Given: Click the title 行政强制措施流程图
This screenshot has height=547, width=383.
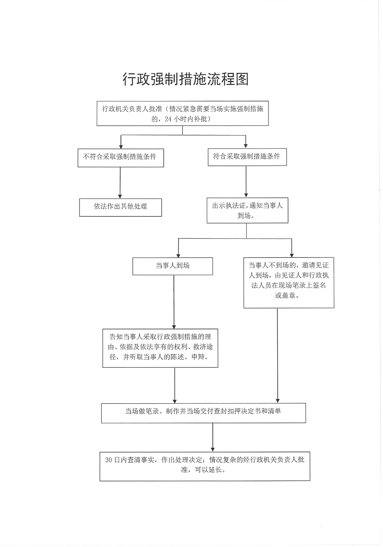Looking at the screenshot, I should point(186,79).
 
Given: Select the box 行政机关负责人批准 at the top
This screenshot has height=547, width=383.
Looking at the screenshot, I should point(183,114).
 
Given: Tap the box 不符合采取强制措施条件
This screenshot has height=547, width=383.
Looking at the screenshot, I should point(121,157).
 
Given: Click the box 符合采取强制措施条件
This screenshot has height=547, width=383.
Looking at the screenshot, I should point(246,157).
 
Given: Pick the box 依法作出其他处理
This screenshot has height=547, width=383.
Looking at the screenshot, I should point(121,207).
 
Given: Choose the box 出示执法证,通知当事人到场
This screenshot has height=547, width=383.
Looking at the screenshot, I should point(247,211).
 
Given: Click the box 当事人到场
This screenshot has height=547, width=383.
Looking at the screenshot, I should point(173,266).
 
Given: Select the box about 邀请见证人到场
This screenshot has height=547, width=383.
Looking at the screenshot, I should point(289,282).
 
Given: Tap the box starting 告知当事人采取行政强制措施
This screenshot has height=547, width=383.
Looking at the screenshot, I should point(160,348).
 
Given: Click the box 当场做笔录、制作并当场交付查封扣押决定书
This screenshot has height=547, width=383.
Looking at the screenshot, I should point(203,413).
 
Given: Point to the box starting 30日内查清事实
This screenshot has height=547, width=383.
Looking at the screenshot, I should point(205,466).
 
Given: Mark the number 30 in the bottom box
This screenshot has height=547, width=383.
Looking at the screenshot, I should point(108,460).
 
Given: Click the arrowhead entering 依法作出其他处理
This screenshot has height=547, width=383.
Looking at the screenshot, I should point(120,196).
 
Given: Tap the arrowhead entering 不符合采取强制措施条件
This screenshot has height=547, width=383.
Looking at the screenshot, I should point(121,146).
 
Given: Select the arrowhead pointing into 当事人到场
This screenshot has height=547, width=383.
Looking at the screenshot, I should point(178,255).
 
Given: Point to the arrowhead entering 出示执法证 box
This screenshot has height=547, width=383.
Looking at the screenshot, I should point(246,195).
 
